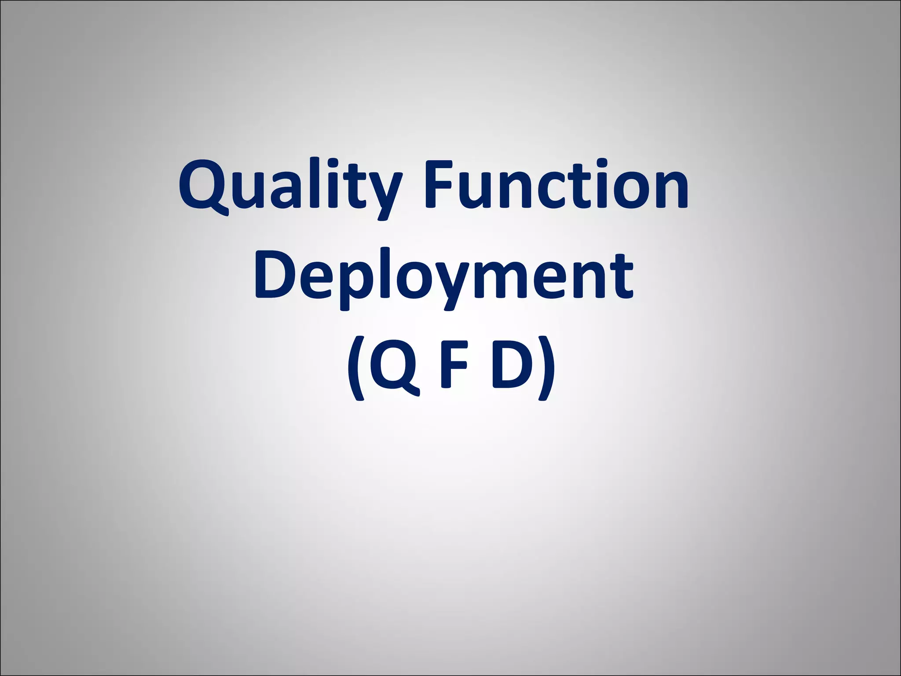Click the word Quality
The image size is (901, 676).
290,187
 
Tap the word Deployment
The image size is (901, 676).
443,277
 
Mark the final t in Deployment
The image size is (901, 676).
622,277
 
